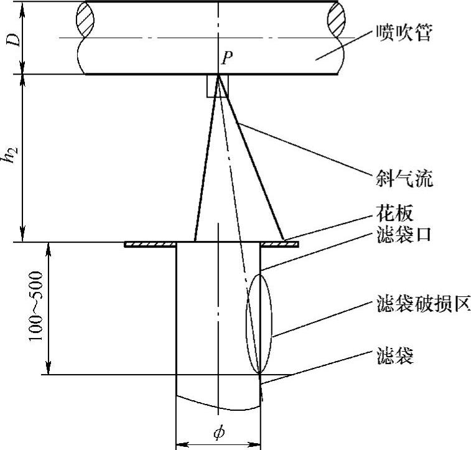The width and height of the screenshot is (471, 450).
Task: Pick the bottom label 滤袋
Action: click(394, 356)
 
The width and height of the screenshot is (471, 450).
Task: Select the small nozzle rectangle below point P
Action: click(218, 87)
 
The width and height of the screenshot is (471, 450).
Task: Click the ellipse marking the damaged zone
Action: click(259, 324)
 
